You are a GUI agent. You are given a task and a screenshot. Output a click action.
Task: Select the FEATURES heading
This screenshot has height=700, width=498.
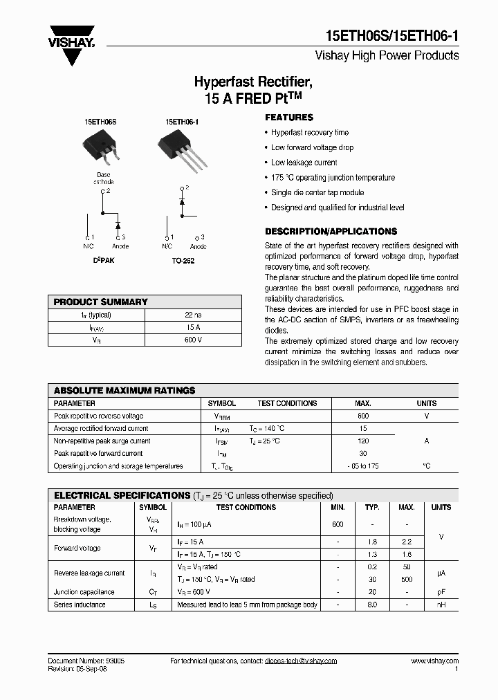(289, 118)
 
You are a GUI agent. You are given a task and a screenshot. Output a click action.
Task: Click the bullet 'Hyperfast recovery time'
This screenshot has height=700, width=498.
(310, 132)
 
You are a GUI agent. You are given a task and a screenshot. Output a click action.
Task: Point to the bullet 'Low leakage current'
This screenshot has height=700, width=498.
(304, 163)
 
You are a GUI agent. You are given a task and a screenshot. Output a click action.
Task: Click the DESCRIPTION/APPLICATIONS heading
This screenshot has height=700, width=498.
(331, 232)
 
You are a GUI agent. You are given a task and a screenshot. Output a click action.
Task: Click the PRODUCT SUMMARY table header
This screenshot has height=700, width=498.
(101, 302)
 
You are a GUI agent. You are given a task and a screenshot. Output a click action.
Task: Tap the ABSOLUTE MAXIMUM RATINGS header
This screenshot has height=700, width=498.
(124, 391)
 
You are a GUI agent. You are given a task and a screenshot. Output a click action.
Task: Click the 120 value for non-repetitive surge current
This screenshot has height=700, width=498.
(363, 441)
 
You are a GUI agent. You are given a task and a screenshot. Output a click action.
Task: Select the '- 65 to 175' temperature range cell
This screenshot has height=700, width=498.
(363, 466)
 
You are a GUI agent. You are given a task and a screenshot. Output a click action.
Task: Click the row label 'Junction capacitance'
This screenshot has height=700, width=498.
(84, 592)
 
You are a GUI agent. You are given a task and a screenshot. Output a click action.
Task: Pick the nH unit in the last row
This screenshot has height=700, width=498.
(441, 605)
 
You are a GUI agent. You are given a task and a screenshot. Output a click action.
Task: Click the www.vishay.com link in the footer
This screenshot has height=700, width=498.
(434, 661)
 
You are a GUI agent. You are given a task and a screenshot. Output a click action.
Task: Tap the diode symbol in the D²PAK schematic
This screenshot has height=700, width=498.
(118, 225)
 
